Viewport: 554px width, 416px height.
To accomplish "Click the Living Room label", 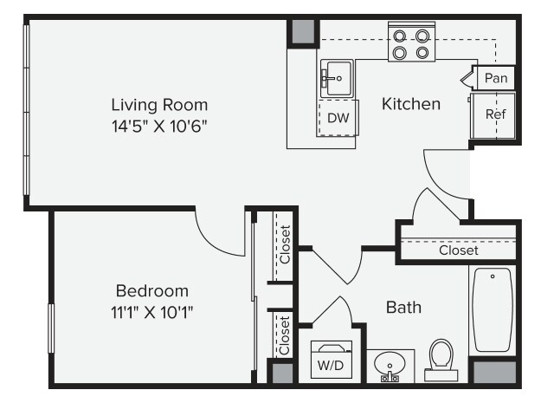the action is click(159, 105).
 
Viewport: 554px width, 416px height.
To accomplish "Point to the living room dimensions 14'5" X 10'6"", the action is click(159, 126).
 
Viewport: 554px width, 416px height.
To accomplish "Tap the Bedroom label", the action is click(152, 291).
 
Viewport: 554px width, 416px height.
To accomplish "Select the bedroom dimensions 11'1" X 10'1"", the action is click(152, 312).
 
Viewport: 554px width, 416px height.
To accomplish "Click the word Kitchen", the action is click(411, 104).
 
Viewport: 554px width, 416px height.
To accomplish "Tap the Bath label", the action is click(404, 308).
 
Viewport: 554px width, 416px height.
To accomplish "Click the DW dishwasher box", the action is click(338, 118).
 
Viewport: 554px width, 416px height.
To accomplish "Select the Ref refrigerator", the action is click(493, 115).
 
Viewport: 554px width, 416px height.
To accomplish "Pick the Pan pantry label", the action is click(496, 78).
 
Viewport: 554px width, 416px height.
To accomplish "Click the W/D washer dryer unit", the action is click(332, 360).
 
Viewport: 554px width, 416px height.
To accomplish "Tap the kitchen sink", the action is click(337, 79).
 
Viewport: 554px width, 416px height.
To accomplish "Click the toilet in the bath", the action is click(441, 360).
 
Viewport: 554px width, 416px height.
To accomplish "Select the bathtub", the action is click(493, 310).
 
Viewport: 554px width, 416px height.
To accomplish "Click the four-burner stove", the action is click(412, 42).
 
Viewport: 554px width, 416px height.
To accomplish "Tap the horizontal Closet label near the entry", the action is click(459, 250).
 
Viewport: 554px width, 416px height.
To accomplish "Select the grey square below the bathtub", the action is click(494, 372).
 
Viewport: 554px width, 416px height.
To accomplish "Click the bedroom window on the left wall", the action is click(51, 328).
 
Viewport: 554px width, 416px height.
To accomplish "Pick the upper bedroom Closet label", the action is click(285, 244).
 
